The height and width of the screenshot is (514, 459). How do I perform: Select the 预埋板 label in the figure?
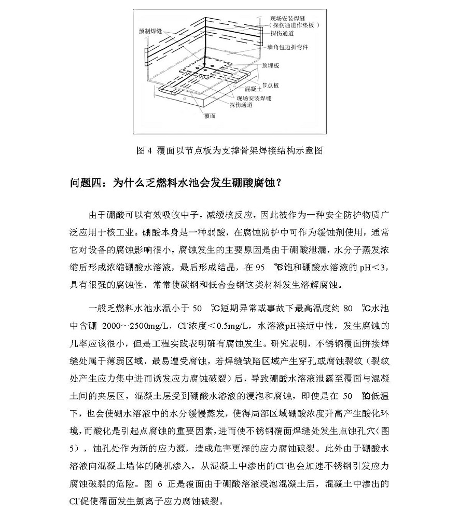[x=271, y=66]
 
